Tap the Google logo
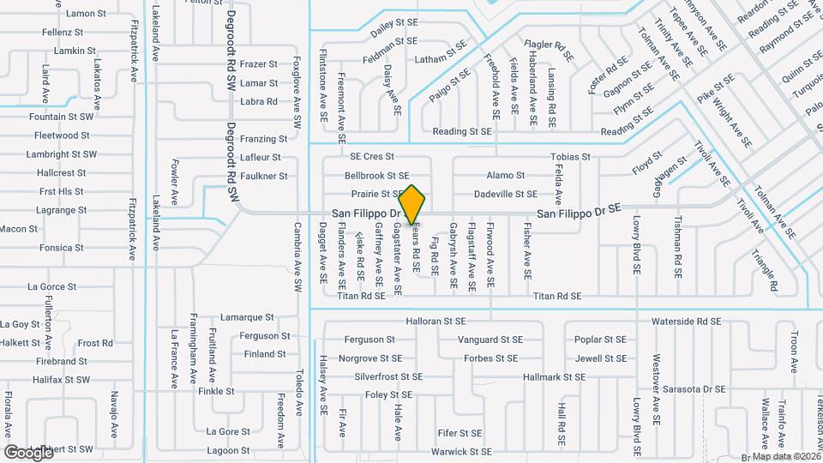pyautogui.click(x=28, y=452)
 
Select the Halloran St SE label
pyautogui.click(x=436, y=322)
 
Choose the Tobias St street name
pyautogui.click(x=570, y=157)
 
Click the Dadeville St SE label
pyautogui.click(x=506, y=195)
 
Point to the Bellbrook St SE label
pyautogui.click(x=376, y=176)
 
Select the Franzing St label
pyautogui.click(x=263, y=139)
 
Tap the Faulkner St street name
pyautogui.click(x=263, y=176)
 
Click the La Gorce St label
pyautogui.click(x=52, y=286)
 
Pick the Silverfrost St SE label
pyautogui.click(x=389, y=376)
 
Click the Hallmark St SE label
pyautogui.click(x=553, y=376)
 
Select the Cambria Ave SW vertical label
pyautogui.click(x=297, y=255)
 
